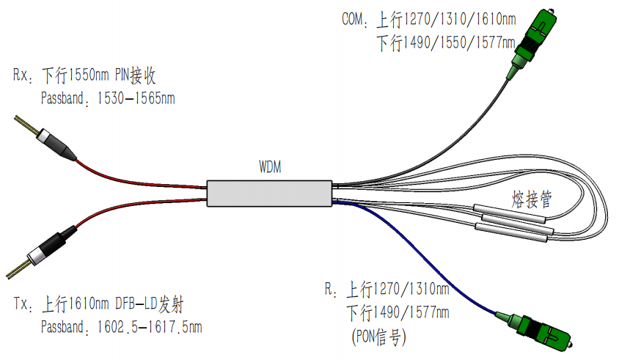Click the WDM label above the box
(x=270, y=167)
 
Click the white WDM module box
(x=269, y=192)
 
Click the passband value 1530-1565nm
(x=136, y=98)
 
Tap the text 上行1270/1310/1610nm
(x=450, y=19)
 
